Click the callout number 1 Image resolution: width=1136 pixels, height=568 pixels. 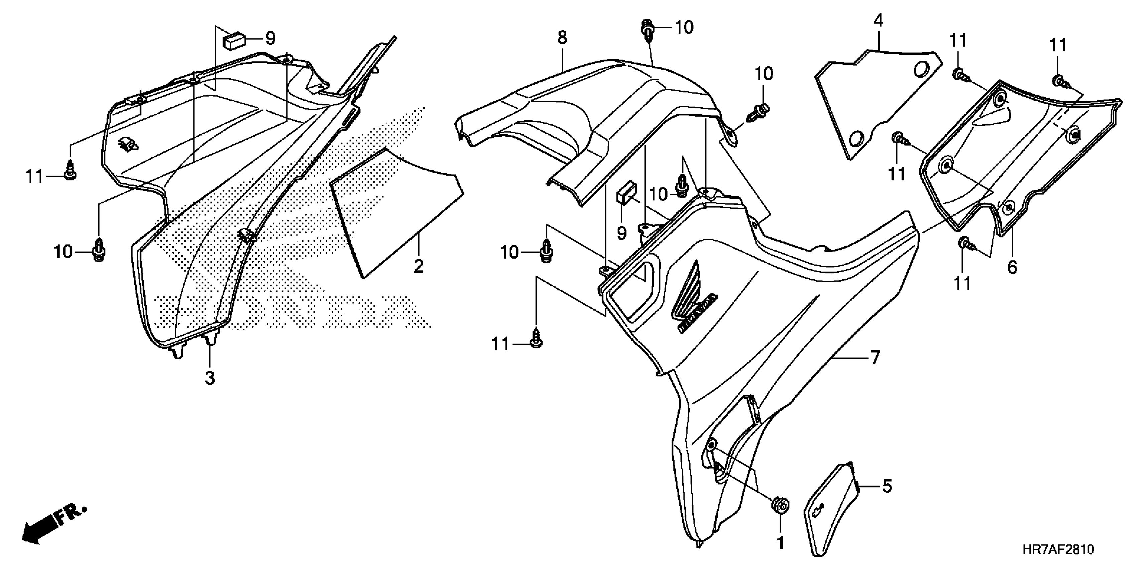[780, 543]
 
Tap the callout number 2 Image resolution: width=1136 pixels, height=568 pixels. [418, 266]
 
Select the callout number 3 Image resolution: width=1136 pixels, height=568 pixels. [210, 378]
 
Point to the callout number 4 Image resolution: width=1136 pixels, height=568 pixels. [878, 21]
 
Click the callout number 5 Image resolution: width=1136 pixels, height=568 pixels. [887, 486]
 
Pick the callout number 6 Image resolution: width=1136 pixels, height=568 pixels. [1012, 267]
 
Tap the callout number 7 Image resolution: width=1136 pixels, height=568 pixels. [875, 357]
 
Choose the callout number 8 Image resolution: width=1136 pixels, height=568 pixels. [562, 38]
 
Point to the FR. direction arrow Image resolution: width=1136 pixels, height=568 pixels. [53, 528]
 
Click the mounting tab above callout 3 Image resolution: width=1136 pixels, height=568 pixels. [210, 340]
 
